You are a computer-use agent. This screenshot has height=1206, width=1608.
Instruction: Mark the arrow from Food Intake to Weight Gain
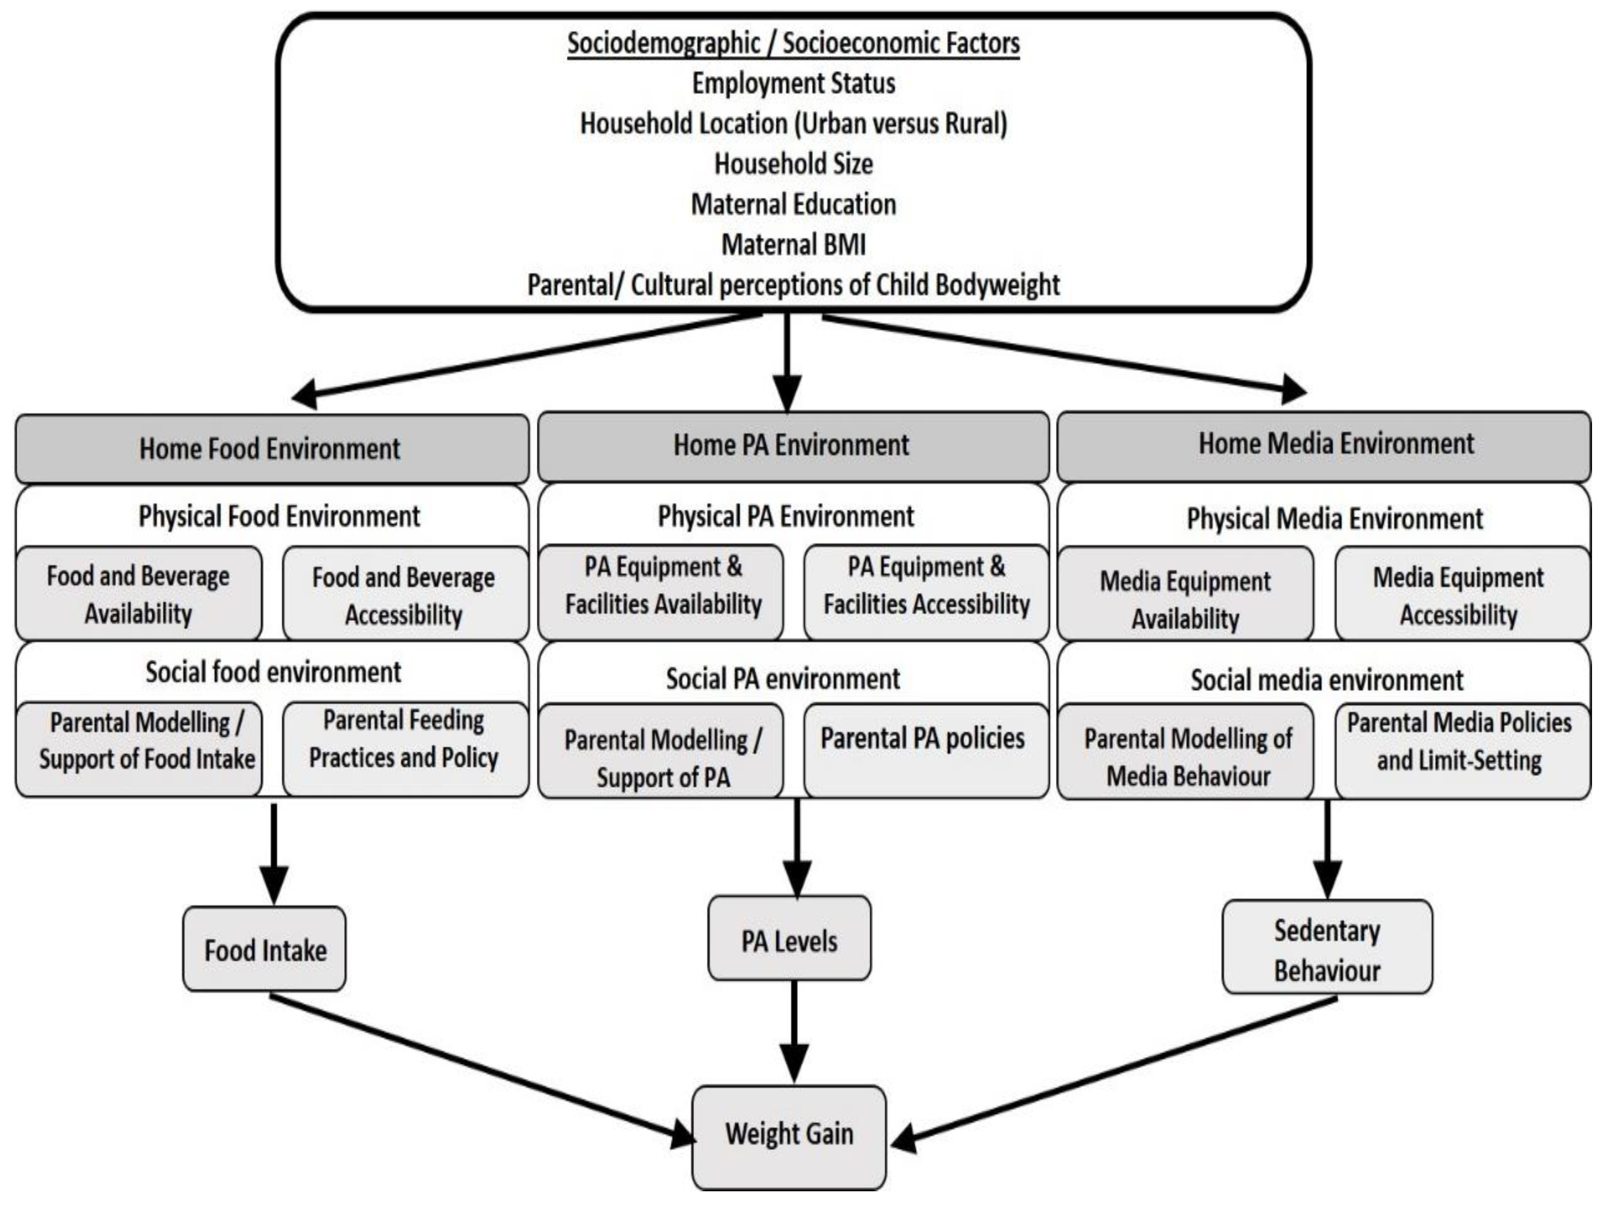tap(480, 1076)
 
